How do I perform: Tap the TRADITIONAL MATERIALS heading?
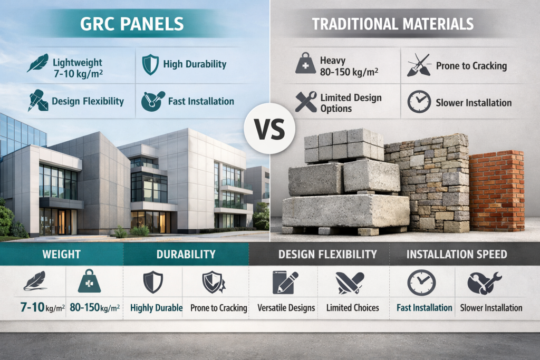click(x=392, y=24)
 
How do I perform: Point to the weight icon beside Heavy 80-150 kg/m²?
click(x=305, y=65)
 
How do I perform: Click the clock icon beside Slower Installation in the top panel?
click(x=419, y=103)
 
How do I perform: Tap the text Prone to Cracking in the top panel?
click(x=471, y=66)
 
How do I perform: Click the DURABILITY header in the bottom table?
click(x=186, y=255)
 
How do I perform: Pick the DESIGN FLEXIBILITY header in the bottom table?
click(x=327, y=255)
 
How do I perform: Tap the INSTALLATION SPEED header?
click(x=457, y=255)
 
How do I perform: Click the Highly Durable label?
click(x=156, y=308)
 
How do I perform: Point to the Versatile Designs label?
click(x=286, y=308)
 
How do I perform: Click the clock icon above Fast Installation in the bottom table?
click(x=421, y=282)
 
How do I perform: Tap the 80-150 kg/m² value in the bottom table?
click(x=95, y=308)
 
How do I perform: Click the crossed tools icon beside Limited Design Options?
click(x=306, y=102)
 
